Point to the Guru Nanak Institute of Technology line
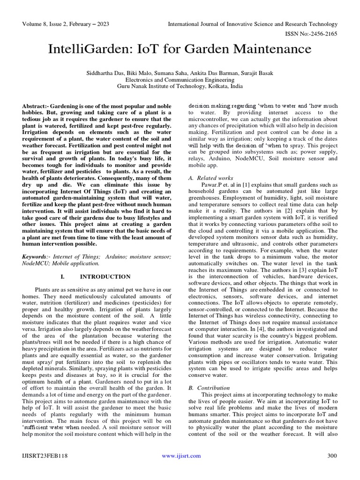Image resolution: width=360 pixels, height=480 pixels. [x=180, y=87]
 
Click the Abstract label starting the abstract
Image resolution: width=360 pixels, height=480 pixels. [x=36, y=107]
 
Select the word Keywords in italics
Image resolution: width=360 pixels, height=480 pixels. [x=35, y=257]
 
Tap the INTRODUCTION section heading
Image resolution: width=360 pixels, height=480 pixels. [x=105, y=277]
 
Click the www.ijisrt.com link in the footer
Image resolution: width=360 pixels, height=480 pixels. [x=181, y=456]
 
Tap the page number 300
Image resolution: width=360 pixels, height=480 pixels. [x=332, y=456]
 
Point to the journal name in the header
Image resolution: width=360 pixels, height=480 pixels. [x=253, y=24]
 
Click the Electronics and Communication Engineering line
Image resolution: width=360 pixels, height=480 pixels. [x=180, y=80]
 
